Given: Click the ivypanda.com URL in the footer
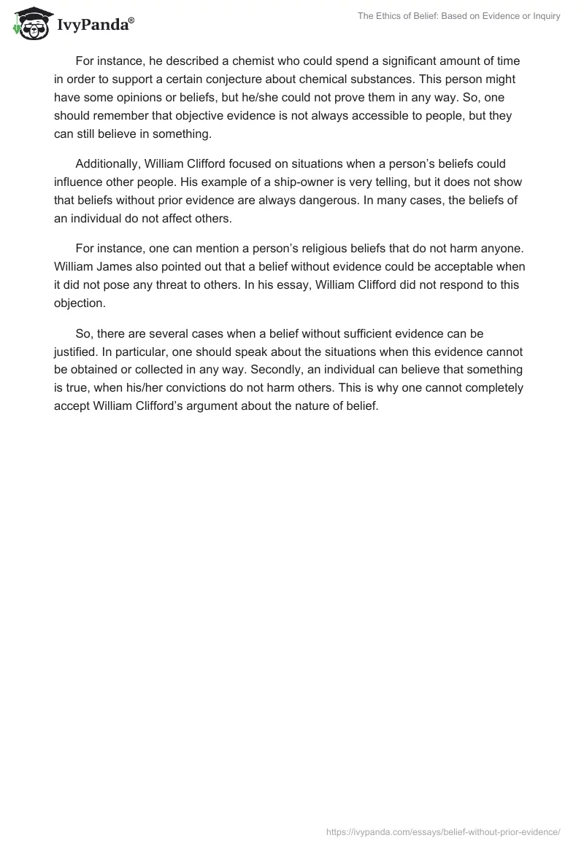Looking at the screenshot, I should (442, 831).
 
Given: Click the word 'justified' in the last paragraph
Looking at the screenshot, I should (78, 351).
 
